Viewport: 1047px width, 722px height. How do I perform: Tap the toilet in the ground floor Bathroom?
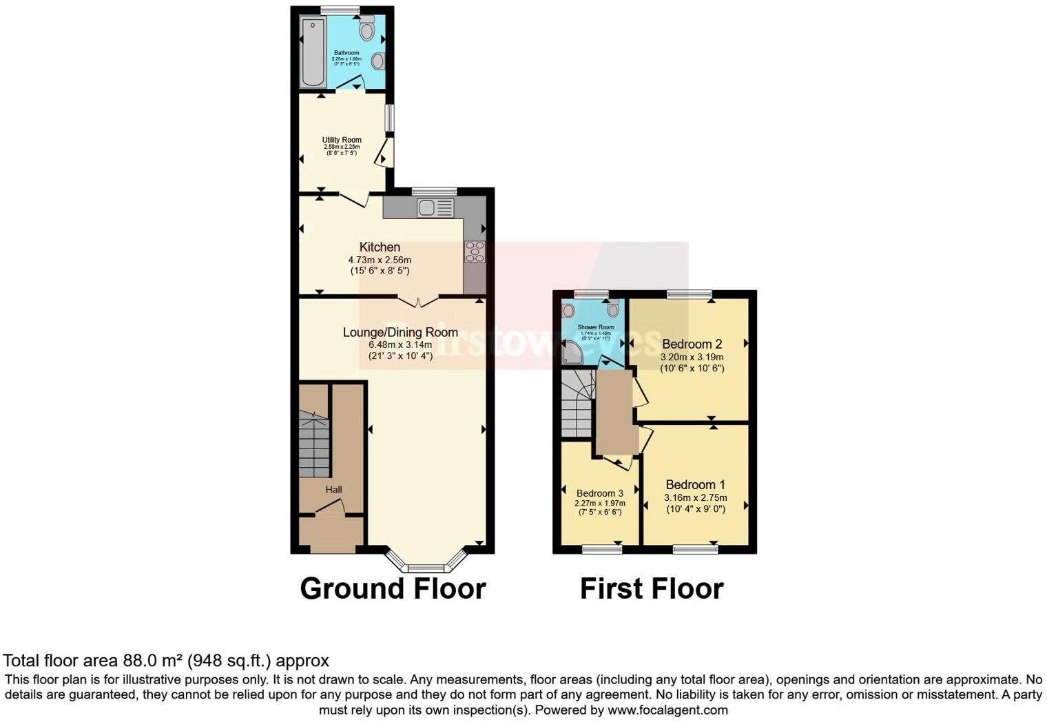coord(366,29)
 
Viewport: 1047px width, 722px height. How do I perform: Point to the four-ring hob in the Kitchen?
coord(475,251)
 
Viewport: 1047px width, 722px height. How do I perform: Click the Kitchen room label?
coord(380,247)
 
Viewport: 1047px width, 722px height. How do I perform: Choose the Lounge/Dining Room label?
coord(400,332)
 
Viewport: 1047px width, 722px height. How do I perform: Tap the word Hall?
coord(333,490)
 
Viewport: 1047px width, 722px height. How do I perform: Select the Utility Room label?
coord(342,140)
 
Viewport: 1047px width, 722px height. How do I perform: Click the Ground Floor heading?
coord(393,589)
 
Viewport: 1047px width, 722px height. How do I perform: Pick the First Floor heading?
coord(652,589)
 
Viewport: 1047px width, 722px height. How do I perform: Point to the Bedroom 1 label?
coord(695,484)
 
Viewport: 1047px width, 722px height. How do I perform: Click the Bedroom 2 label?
coord(692,344)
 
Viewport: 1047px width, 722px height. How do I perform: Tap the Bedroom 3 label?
coord(599,493)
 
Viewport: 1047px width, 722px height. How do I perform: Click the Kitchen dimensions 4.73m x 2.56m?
coord(380,260)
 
